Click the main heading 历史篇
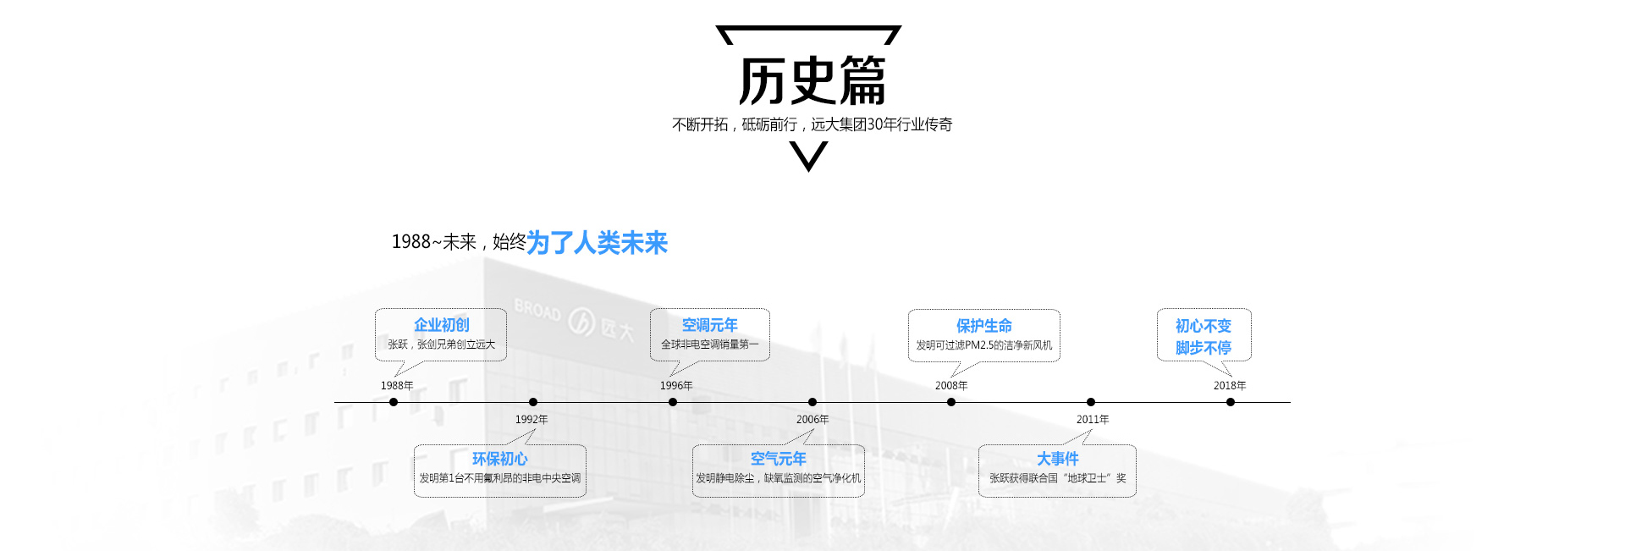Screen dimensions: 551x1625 [x=812, y=81]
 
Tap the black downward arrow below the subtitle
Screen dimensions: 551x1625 [x=808, y=156]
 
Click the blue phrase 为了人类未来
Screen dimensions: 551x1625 [x=597, y=243]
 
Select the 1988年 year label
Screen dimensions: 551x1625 [x=397, y=386]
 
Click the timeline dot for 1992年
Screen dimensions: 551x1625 [x=532, y=402]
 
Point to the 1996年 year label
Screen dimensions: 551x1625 [x=676, y=386]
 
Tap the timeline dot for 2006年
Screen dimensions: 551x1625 [x=812, y=402]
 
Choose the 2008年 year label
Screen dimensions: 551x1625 [x=951, y=386]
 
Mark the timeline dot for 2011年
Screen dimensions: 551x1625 [x=1091, y=402]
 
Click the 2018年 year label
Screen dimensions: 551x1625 [x=1230, y=386]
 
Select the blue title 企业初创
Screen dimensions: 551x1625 [x=441, y=325]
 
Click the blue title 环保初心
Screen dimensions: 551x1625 [x=499, y=459]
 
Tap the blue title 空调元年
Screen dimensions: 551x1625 [x=709, y=325]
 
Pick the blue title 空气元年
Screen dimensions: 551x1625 [x=778, y=459]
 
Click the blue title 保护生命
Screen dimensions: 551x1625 [x=983, y=326]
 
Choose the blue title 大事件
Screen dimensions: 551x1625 [x=1057, y=459]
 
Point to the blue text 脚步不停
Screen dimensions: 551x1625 [x=1203, y=348]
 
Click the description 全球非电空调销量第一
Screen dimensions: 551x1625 [x=709, y=344]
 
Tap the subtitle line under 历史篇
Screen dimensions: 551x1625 [x=812, y=124]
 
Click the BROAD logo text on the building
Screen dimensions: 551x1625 [x=537, y=310]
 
